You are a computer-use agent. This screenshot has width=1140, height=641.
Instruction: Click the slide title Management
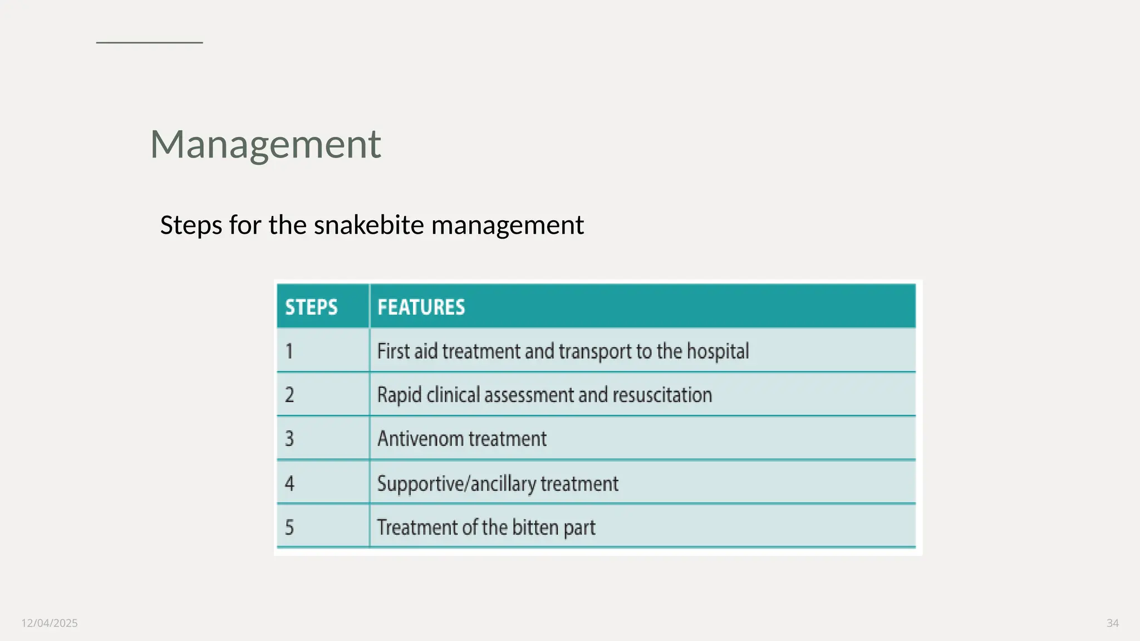click(266, 144)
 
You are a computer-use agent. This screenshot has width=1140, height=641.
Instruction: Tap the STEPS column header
click(311, 307)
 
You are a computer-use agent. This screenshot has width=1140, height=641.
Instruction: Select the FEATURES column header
click(421, 307)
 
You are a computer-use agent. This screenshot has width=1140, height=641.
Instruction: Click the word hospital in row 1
click(718, 352)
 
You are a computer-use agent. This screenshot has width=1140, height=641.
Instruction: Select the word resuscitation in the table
click(662, 395)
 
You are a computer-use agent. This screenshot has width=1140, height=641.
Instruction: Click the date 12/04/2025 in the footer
click(50, 623)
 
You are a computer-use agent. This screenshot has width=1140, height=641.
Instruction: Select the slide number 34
click(1112, 623)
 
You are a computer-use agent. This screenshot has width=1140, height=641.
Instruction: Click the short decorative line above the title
click(149, 42)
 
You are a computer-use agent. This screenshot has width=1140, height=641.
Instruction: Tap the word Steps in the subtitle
click(191, 225)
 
